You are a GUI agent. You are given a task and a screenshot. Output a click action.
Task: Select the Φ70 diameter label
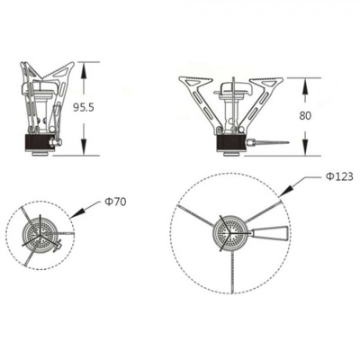[114, 202]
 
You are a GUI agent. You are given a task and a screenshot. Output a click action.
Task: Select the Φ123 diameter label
[338, 176]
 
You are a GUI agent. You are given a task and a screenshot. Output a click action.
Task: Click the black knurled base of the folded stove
[38, 143]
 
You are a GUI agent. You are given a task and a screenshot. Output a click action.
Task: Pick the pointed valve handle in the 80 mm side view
[270, 143]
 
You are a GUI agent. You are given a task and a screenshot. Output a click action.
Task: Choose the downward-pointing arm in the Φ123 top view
[231, 274]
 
